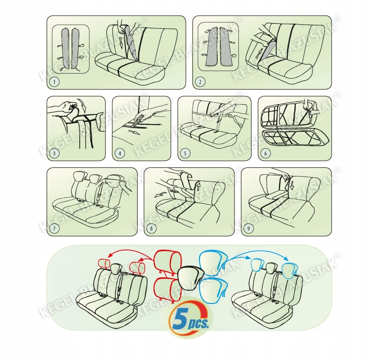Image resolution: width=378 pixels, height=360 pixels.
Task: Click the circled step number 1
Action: [54, 82]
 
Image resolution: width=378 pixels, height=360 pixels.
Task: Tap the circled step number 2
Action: [200, 82]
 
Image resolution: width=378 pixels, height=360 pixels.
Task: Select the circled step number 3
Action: [54, 153]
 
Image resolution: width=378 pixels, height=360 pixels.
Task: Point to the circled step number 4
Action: [120, 153]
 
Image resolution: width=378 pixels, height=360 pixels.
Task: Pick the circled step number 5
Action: [185, 153]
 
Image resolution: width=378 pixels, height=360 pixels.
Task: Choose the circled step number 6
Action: [266, 153]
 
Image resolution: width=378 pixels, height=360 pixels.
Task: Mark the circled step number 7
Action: [54, 228]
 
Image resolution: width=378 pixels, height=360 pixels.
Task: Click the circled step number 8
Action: [151, 228]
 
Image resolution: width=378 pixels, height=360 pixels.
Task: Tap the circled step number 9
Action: [248, 228]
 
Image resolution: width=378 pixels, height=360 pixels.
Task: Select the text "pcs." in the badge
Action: [199, 323]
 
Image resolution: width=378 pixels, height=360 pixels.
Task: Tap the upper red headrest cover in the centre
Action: [167, 262]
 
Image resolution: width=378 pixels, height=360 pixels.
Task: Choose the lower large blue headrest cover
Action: [214, 289]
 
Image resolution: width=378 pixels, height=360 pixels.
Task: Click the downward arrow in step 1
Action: [121, 44]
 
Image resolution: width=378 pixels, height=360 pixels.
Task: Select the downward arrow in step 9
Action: [292, 184]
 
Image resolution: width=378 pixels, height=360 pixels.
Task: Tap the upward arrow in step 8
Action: [199, 187]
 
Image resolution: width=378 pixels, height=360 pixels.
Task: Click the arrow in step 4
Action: [134, 132]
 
